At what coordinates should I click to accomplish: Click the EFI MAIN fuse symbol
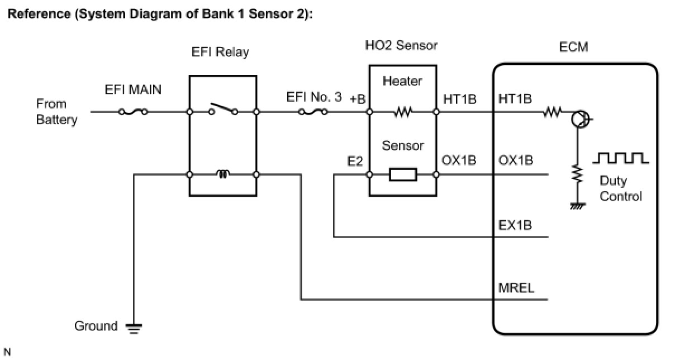(x=133, y=112)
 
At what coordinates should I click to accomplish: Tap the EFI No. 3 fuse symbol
(x=313, y=112)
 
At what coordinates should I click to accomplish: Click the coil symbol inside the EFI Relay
(x=223, y=174)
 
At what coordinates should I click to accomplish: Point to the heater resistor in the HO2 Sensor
(x=403, y=112)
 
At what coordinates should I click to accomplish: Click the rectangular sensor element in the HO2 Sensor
(x=403, y=174)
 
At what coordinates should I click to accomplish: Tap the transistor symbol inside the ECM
(x=580, y=119)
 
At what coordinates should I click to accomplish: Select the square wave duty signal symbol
(x=621, y=158)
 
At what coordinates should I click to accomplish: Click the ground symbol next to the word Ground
(x=134, y=329)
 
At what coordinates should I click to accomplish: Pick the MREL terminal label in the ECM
(x=516, y=288)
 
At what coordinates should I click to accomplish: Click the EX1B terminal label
(x=515, y=225)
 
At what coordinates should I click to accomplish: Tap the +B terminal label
(x=358, y=99)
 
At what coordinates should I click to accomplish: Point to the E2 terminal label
(x=355, y=162)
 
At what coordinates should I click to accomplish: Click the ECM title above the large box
(x=573, y=47)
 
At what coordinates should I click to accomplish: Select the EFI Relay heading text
(x=220, y=52)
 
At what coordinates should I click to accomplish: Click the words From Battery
(x=56, y=112)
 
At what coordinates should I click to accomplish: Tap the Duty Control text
(x=621, y=189)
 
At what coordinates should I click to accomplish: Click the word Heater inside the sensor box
(x=402, y=81)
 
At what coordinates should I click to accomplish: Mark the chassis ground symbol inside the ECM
(x=578, y=206)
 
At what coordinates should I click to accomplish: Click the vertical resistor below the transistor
(x=578, y=174)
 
